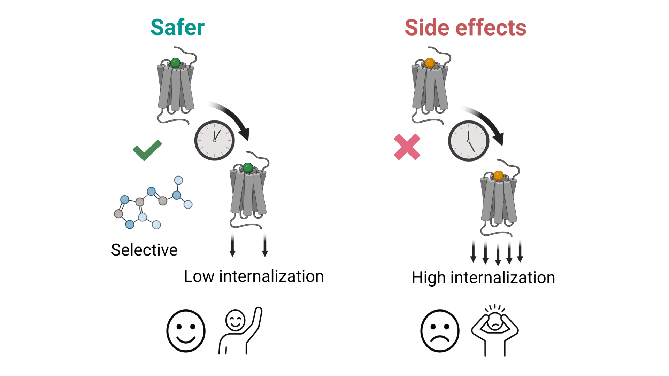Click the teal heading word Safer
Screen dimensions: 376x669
[x=177, y=28]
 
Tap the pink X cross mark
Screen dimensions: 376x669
[x=407, y=147]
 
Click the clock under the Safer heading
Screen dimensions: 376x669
[x=214, y=140]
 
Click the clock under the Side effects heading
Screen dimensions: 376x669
[x=468, y=141]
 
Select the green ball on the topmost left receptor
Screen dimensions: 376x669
[x=176, y=63]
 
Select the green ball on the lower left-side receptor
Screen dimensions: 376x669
[x=248, y=167]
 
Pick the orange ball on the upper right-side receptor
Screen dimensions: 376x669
[x=430, y=63]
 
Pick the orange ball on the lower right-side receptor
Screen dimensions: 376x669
[x=499, y=175]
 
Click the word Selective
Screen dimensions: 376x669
[x=144, y=250]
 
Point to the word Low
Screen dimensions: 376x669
[x=199, y=276]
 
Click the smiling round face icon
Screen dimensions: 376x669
[x=186, y=331]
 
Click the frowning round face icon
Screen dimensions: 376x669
[x=440, y=331]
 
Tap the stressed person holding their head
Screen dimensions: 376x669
[x=495, y=329]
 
